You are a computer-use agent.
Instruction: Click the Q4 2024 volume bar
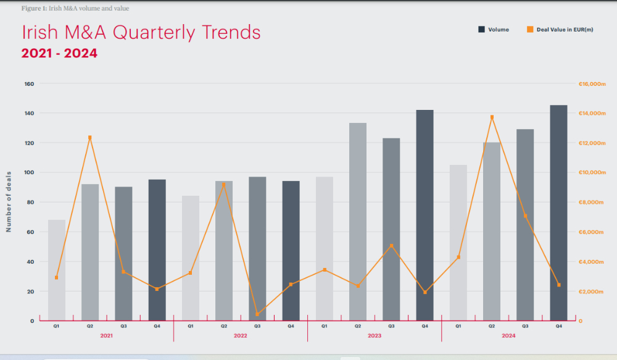[558, 213]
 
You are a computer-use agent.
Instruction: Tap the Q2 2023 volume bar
[358, 222]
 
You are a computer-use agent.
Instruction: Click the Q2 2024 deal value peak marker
[492, 117]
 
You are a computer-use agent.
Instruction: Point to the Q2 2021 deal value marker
[90, 138]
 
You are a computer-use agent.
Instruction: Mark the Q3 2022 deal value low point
[257, 314]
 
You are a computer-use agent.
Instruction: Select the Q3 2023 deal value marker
[391, 246]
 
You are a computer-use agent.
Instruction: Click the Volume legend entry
[493, 30]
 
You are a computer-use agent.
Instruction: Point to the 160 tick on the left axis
[29, 83]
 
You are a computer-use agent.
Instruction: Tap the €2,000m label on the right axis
[591, 291]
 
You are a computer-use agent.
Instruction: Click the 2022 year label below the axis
[241, 335]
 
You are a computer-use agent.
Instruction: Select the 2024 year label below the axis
[508, 335]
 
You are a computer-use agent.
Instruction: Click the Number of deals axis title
[9, 202]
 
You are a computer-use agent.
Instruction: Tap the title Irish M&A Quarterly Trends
[141, 32]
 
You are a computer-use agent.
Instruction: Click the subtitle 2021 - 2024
[59, 54]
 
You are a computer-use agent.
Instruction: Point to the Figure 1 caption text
[75, 8]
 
